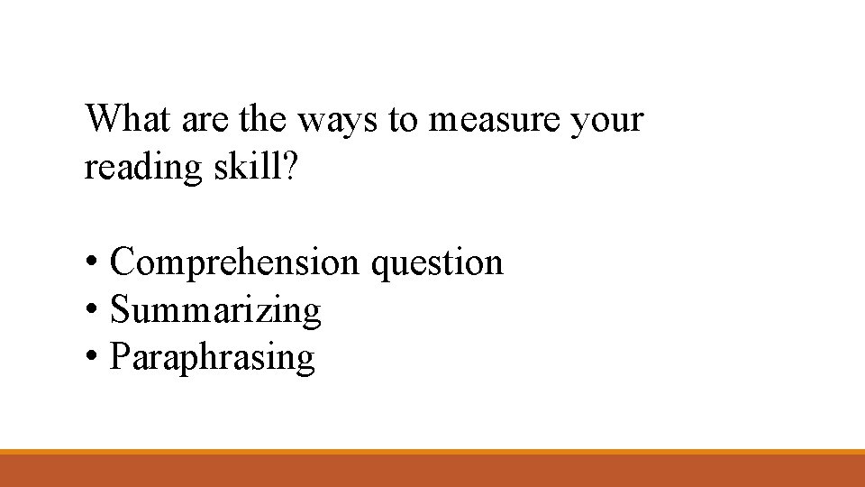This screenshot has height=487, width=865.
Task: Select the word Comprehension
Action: tap(234, 263)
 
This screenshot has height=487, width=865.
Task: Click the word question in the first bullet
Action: tap(437, 263)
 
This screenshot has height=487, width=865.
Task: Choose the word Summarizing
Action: tap(215, 311)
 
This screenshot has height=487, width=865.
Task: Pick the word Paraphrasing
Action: tap(212, 358)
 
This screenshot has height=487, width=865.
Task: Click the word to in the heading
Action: tap(404, 121)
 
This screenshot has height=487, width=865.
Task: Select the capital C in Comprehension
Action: tap(122, 262)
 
